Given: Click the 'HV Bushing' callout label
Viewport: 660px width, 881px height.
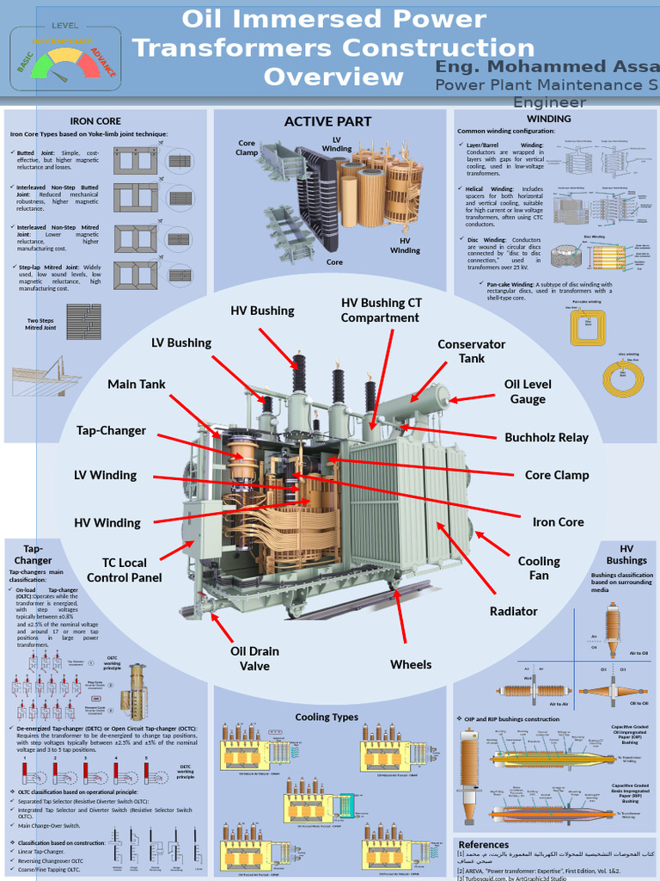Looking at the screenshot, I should [x=262, y=311].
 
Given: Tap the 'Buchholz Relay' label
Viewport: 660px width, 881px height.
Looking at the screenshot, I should [x=547, y=437].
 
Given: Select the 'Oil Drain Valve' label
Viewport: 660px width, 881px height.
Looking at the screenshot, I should [x=254, y=658].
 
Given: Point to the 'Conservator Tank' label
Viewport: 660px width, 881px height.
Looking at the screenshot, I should [x=471, y=351].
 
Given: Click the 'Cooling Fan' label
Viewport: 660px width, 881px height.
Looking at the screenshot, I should [x=539, y=568].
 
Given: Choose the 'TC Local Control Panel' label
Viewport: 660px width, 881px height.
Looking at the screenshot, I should [x=124, y=570].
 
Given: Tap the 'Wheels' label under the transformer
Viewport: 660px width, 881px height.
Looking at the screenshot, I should [x=411, y=664].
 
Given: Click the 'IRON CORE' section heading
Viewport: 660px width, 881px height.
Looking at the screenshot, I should [x=95, y=121].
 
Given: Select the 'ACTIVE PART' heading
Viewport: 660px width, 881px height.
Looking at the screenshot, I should [x=327, y=121].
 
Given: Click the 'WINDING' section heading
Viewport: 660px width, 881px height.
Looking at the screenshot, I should [x=548, y=119].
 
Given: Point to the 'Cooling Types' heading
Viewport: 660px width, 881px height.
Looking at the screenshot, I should [x=327, y=717].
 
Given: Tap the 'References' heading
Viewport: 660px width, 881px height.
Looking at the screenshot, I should [x=484, y=845].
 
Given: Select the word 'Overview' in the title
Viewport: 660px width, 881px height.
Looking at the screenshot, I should [x=333, y=77].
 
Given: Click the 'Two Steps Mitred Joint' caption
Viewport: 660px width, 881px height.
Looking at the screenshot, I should [x=40, y=324].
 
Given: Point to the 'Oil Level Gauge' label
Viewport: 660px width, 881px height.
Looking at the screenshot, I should [x=528, y=391].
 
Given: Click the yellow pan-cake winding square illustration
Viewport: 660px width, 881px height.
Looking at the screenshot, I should [x=588, y=328].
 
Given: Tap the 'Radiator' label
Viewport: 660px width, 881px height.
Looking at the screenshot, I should [x=513, y=611].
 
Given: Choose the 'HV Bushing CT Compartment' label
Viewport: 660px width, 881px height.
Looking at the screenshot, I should [x=380, y=310].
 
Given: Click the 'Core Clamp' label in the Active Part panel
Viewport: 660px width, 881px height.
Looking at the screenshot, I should [x=247, y=148].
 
